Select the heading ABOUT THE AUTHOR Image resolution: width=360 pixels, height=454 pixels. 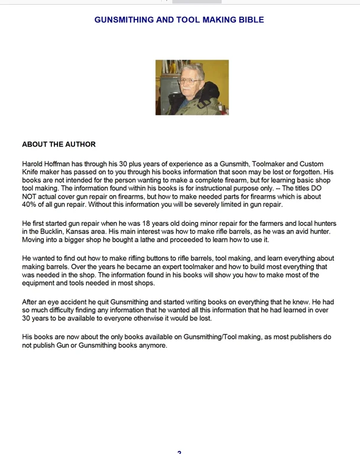[x=59, y=144]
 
